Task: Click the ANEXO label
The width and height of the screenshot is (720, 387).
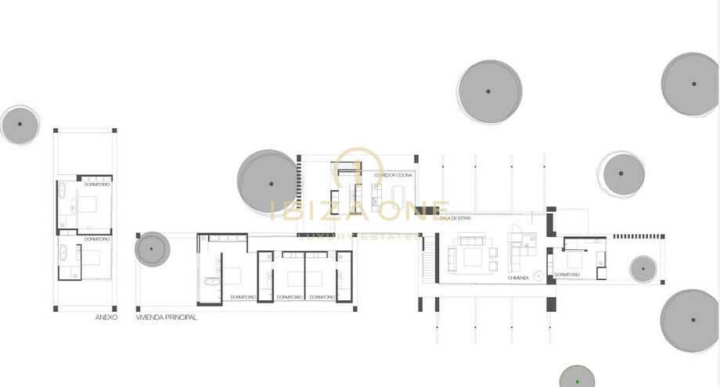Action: click(106, 317)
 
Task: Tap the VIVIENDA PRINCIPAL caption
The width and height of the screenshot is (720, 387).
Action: click(166, 317)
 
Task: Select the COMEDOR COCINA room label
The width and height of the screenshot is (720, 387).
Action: click(393, 175)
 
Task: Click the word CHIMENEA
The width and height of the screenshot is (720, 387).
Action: click(518, 278)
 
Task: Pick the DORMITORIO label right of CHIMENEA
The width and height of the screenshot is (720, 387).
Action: click(567, 274)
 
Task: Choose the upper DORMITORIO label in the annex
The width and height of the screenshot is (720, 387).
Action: click(97, 184)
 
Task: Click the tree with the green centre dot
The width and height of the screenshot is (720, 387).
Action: click(578, 381)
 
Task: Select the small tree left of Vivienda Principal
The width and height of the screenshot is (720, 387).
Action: click(152, 249)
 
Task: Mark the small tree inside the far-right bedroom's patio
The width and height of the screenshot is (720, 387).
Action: click(643, 268)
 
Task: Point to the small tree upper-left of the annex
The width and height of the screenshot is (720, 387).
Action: click(20, 124)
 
